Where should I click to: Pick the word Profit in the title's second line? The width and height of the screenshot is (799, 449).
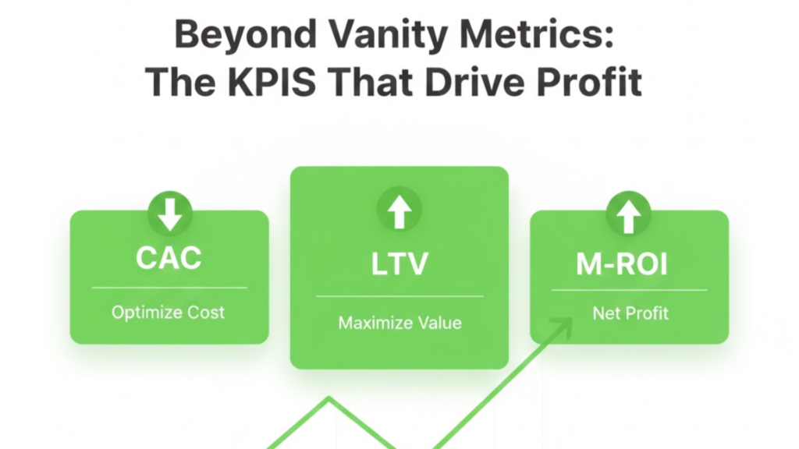602,81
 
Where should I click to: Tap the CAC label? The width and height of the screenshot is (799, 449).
169,258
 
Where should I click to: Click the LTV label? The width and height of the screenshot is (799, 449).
399,263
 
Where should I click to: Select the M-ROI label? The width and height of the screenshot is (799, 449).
630,265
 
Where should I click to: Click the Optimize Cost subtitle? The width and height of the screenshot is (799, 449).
169,313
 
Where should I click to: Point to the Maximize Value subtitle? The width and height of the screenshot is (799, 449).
399,323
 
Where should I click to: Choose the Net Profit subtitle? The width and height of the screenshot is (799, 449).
630,314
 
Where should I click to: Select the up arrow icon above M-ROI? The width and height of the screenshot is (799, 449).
629,213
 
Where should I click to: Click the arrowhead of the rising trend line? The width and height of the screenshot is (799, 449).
563,326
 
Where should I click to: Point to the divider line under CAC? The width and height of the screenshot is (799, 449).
169,288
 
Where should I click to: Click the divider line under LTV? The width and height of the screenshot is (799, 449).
399,296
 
